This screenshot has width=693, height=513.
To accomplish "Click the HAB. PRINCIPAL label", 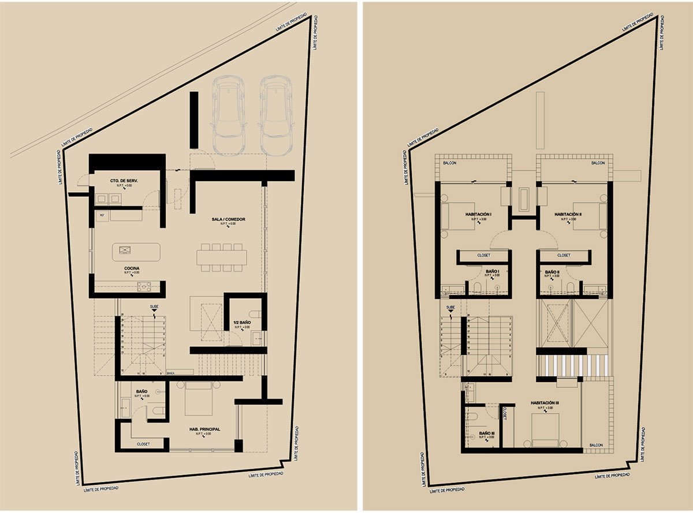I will pos(205,429).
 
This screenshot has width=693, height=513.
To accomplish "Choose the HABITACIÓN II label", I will pos(568,214).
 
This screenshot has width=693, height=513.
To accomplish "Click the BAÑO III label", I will pos(487,432).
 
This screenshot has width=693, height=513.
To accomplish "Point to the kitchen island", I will pos(136,251).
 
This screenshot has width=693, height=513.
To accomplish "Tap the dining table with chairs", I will pos(221,256).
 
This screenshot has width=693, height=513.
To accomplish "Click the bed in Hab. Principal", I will pos(198,398).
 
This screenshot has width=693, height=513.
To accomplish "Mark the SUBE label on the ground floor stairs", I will pos(154,306).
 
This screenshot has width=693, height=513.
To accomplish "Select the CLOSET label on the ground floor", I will pos(143,444).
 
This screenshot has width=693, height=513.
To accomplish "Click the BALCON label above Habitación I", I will pos(450,163).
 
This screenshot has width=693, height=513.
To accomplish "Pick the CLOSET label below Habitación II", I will pos(564,255).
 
